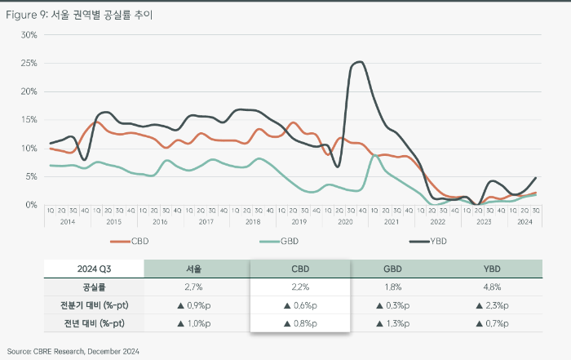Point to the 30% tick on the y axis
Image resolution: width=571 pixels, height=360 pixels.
(x=29, y=35)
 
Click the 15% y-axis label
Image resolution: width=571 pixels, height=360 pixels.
(x=29, y=120)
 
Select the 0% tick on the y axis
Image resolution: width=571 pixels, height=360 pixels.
(x=32, y=205)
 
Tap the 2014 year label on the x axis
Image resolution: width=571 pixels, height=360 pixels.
(x=69, y=221)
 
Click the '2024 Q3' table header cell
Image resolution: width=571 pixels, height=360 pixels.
(x=94, y=269)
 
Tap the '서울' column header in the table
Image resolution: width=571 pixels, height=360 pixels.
(x=197, y=269)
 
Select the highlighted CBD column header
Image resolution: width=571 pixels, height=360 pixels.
(x=299, y=269)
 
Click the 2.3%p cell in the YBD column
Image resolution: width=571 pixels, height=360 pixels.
(x=493, y=305)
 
